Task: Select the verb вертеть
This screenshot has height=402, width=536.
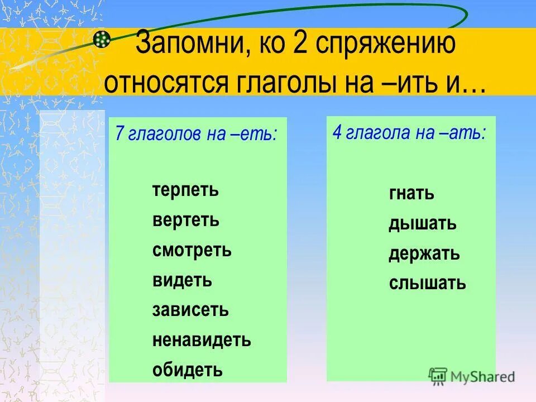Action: tap(186, 221)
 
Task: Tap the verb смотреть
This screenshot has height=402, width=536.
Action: tap(192, 250)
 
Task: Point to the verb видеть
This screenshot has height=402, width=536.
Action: tap(182, 280)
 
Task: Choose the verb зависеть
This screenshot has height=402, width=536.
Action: tap(190, 310)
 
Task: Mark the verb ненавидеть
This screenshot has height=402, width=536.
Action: tap(202, 339)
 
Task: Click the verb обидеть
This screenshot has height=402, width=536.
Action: tap(187, 369)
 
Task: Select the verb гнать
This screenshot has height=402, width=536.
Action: tap(411, 194)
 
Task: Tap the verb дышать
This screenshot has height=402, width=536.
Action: tap(423, 224)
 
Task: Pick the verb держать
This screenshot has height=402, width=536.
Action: tap(424, 254)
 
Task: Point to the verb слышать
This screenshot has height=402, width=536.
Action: tap(427, 284)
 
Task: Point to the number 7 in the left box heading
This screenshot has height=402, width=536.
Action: tap(119, 135)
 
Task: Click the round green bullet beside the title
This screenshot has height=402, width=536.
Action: tap(101, 38)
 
